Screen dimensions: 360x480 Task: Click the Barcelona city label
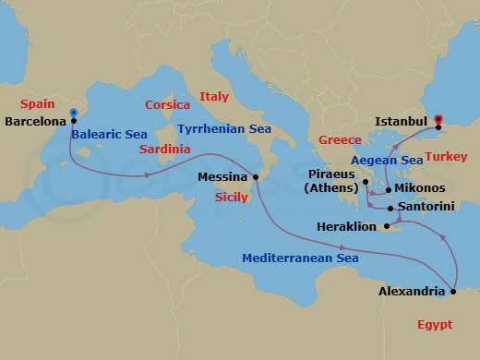tap(35, 121)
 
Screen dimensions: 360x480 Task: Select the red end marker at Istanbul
tap(438, 119)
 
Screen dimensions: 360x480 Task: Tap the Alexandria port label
tap(414, 292)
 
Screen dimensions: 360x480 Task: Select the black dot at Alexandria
tap(454, 293)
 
